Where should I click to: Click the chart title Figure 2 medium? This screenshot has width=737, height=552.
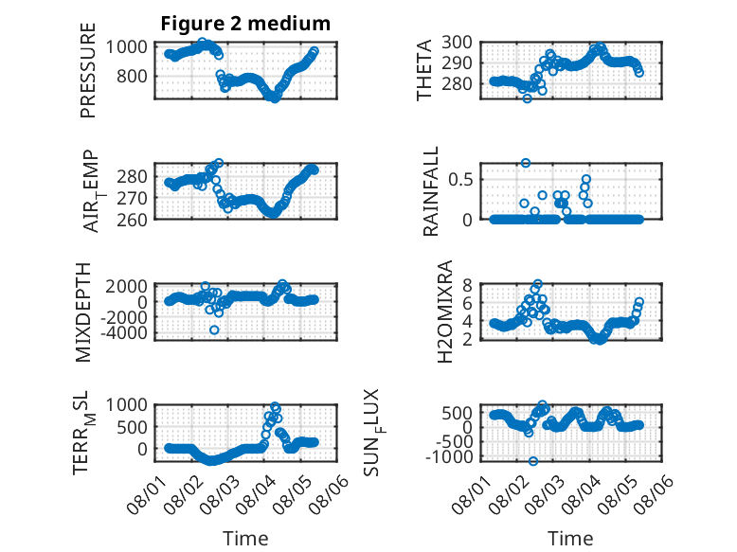245,24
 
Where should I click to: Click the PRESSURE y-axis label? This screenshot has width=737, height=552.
88,70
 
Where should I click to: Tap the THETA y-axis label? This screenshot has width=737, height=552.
424,70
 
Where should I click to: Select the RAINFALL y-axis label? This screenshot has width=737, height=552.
430,191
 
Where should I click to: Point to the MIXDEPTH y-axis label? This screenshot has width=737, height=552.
82,312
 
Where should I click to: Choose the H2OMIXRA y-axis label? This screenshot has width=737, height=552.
444,312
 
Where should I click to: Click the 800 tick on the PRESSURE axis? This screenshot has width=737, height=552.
132,76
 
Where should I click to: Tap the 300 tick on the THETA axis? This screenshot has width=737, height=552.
458,43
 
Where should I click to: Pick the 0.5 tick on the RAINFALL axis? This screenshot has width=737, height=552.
460,180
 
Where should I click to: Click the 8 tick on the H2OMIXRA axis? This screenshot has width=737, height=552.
467,285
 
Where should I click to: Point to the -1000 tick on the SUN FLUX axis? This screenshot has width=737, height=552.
449,456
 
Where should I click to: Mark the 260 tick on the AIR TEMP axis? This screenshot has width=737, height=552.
132,220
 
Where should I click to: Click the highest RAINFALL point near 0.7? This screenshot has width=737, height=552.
526,163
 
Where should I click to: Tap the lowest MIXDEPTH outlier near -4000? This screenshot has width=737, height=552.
214,330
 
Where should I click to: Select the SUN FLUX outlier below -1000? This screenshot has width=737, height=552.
533,461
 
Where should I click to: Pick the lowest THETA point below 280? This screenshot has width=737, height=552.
528,98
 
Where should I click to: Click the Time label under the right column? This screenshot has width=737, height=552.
570,539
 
